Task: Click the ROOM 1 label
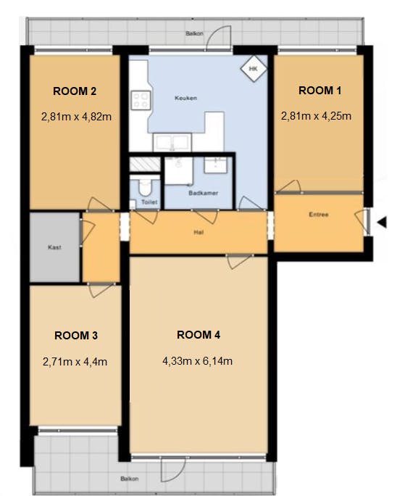(x=320, y=91)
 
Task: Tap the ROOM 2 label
(x=75, y=91)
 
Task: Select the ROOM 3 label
(x=76, y=335)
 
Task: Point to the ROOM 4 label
(x=199, y=335)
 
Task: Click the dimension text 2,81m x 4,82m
(x=76, y=117)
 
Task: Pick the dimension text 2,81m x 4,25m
(x=316, y=116)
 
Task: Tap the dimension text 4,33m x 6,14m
(x=198, y=361)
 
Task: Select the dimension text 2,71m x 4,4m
(x=75, y=362)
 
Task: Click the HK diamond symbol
(x=254, y=69)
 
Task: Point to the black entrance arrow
(x=382, y=222)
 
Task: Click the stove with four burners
(x=141, y=100)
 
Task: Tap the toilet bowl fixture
(x=145, y=186)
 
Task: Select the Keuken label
(x=186, y=98)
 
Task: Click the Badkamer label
(x=204, y=193)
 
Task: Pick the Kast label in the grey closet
(x=54, y=247)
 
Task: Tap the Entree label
(x=319, y=215)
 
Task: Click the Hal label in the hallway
(x=199, y=233)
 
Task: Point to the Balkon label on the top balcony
(x=194, y=33)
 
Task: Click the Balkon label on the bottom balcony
(x=130, y=479)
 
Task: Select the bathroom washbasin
(x=215, y=165)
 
